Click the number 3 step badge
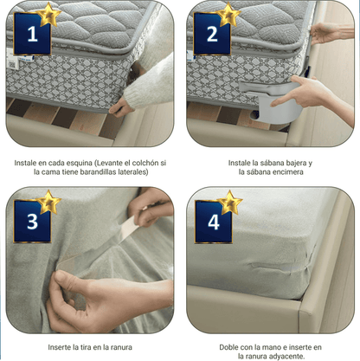click(x=32, y=222)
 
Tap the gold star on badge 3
click(x=48, y=203)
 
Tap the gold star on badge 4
click(x=229, y=203)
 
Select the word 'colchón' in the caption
click(x=143, y=162)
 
